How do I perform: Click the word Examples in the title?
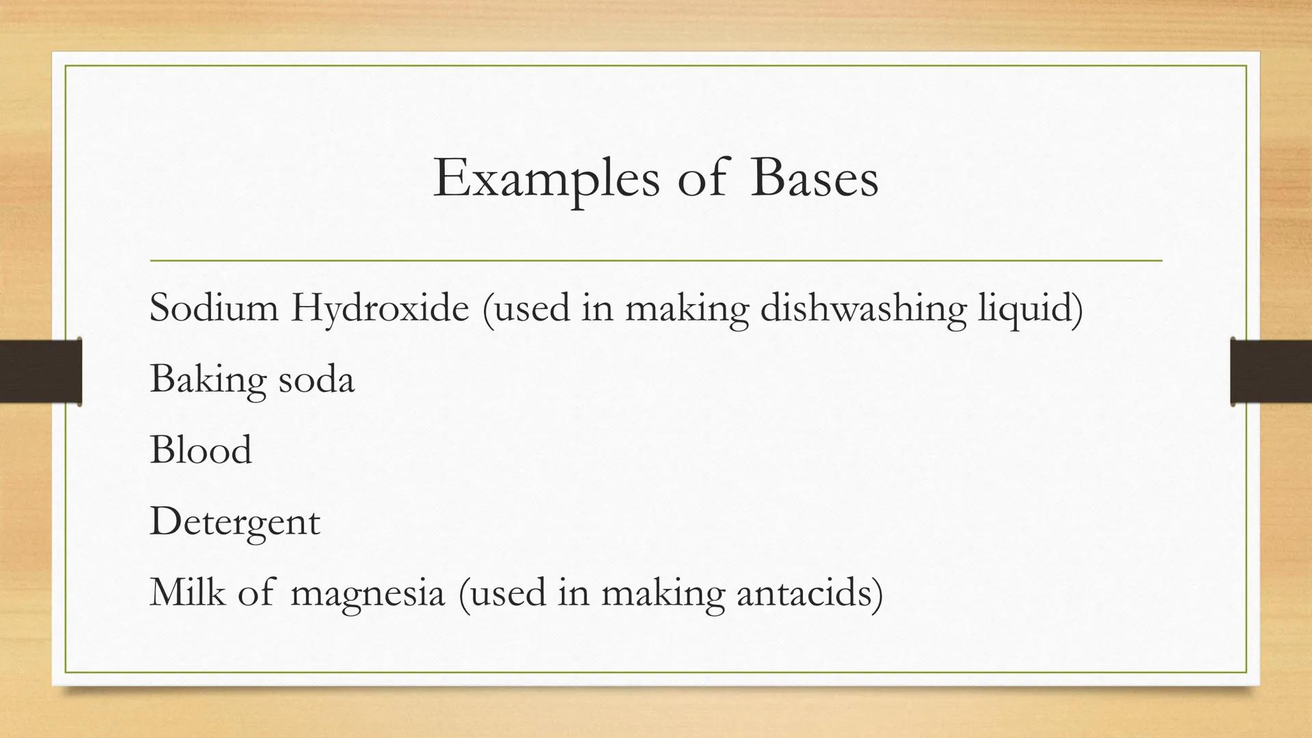click(x=546, y=179)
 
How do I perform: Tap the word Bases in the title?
click(x=814, y=179)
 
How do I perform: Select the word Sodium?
click(x=214, y=307)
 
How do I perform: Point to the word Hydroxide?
click(x=380, y=309)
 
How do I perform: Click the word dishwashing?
click(x=863, y=309)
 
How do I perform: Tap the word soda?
click(x=316, y=380)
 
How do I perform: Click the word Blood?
click(x=200, y=450)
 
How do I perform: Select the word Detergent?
click(x=234, y=523)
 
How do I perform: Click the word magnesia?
click(x=367, y=593)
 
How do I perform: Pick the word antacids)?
click(x=810, y=593)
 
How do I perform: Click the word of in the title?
click(x=703, y=179)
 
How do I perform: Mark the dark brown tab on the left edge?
click(x=40, y=372)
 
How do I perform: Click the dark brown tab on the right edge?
click(x=1270, y=372)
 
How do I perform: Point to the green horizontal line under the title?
click(x=656, y=260)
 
